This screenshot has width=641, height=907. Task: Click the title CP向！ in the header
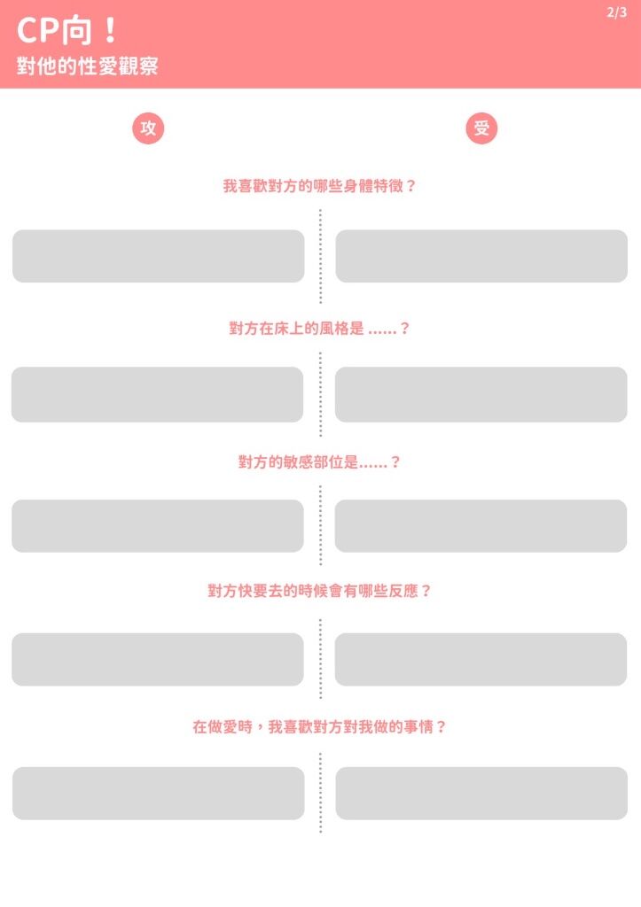pyautogui.click(x=67, y=30)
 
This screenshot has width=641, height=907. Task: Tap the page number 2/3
pyautogui.click(x=616, y=12)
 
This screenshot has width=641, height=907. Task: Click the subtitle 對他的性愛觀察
pyautogui.click(x=87, y=66)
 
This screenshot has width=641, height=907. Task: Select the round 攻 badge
pyautogui.click(x=148, y=128)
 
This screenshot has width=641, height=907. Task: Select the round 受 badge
pyautogui.click(x=481, y=128)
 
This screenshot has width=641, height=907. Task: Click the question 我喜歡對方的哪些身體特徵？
pyautogui.click(x=320, y=186)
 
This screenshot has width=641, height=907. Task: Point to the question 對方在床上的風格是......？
pyautogui.click(x=320, y=328)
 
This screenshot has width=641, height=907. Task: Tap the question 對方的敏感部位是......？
pyautogui.click(x=320, y=461)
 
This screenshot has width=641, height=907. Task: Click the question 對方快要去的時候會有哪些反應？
pyautogui.click(x=320, y=591)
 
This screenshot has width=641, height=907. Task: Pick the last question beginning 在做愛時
pyautogui.click(x=320, y=726)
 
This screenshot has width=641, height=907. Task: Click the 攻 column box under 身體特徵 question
pyautogui.click(x=158, y=256)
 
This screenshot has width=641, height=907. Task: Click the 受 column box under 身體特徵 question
pyautogui.click(x=481, y=256)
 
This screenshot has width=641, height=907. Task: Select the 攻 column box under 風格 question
pyautogui.click(x=158, y=394)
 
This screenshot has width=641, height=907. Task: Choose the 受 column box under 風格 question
pyautogui.click(x=481, y=394)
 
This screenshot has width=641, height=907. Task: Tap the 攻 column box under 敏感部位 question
pyautogui.click(x=158, y=526)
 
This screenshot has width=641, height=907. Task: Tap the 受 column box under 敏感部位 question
pyautogui.click(x=481, y=526)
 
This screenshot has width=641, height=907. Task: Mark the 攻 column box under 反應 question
pyautogui.click(x=158, y=659)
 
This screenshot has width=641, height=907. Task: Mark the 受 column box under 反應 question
pyautogui.click(x=481, y=659)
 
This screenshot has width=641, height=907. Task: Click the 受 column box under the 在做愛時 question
pyautogui.click(x=481, y=794)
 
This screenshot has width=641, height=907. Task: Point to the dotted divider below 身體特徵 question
pyautogui.click(x=320, y=256)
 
